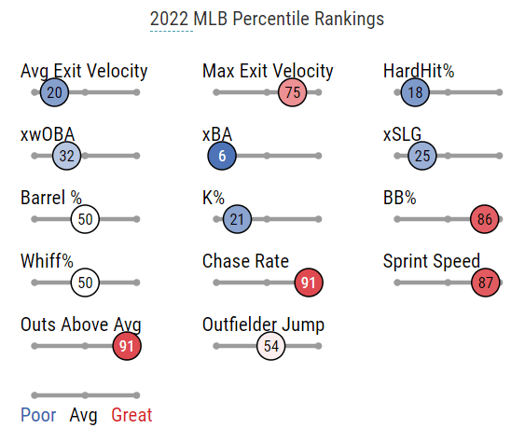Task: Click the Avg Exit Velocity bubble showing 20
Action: pos(54,92)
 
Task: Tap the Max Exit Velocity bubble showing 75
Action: pos(292,92)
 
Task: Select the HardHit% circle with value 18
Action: pos(415,92)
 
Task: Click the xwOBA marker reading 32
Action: pos(66,156)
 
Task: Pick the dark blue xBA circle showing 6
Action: pos(222,156)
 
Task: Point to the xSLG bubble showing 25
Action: pos(422,156)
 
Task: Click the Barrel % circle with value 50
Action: pos(85,219)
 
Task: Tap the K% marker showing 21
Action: pos(237,219)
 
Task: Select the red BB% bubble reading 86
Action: pos(485,219)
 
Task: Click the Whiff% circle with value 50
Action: pos(85,283)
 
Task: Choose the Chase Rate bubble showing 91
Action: pos(309,283)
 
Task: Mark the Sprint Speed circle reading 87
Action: pos(485,283)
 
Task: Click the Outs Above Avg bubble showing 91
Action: pos(127,346)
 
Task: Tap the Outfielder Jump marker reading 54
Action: pos(271,346)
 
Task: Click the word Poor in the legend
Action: pos(38,415)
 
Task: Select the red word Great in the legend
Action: pos(131,415)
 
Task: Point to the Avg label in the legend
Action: pos(83,416)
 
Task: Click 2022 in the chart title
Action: pos(169,19)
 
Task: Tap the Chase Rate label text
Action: pos(245,261)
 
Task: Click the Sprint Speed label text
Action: pos(432,261)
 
